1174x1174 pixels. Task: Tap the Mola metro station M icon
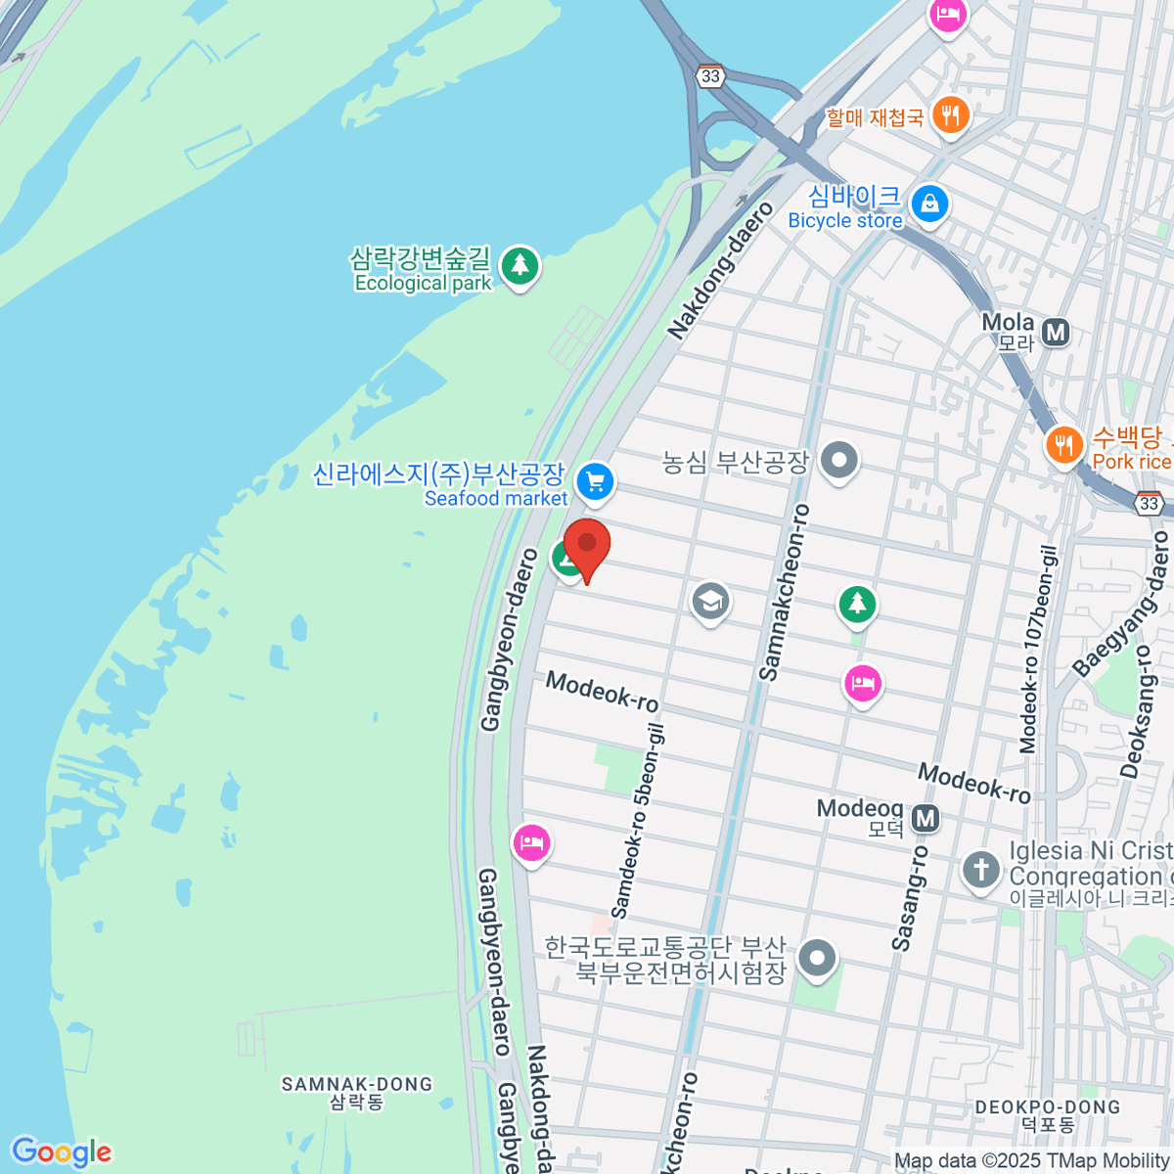1055,333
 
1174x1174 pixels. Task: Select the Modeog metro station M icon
926,818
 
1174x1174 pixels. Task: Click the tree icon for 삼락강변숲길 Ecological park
519,266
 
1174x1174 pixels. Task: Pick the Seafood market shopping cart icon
595,481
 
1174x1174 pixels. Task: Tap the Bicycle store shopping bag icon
929,204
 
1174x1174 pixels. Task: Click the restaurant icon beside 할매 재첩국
949,115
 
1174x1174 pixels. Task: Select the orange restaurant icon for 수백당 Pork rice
1063,446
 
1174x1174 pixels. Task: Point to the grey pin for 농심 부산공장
838,461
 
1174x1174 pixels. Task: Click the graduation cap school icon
710,601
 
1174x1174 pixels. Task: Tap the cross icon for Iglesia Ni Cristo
980,870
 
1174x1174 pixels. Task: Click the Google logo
61,1152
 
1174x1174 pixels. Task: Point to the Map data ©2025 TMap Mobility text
1032,1161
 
